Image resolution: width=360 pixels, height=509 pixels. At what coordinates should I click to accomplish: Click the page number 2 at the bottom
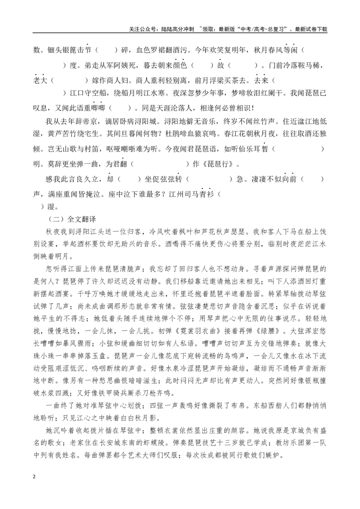[x=35, y=476]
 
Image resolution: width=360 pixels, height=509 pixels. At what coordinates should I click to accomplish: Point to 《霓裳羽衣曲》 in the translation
[x=198, y=331]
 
